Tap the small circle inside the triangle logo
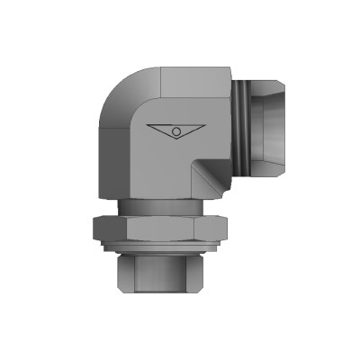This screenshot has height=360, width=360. (178, 132)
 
